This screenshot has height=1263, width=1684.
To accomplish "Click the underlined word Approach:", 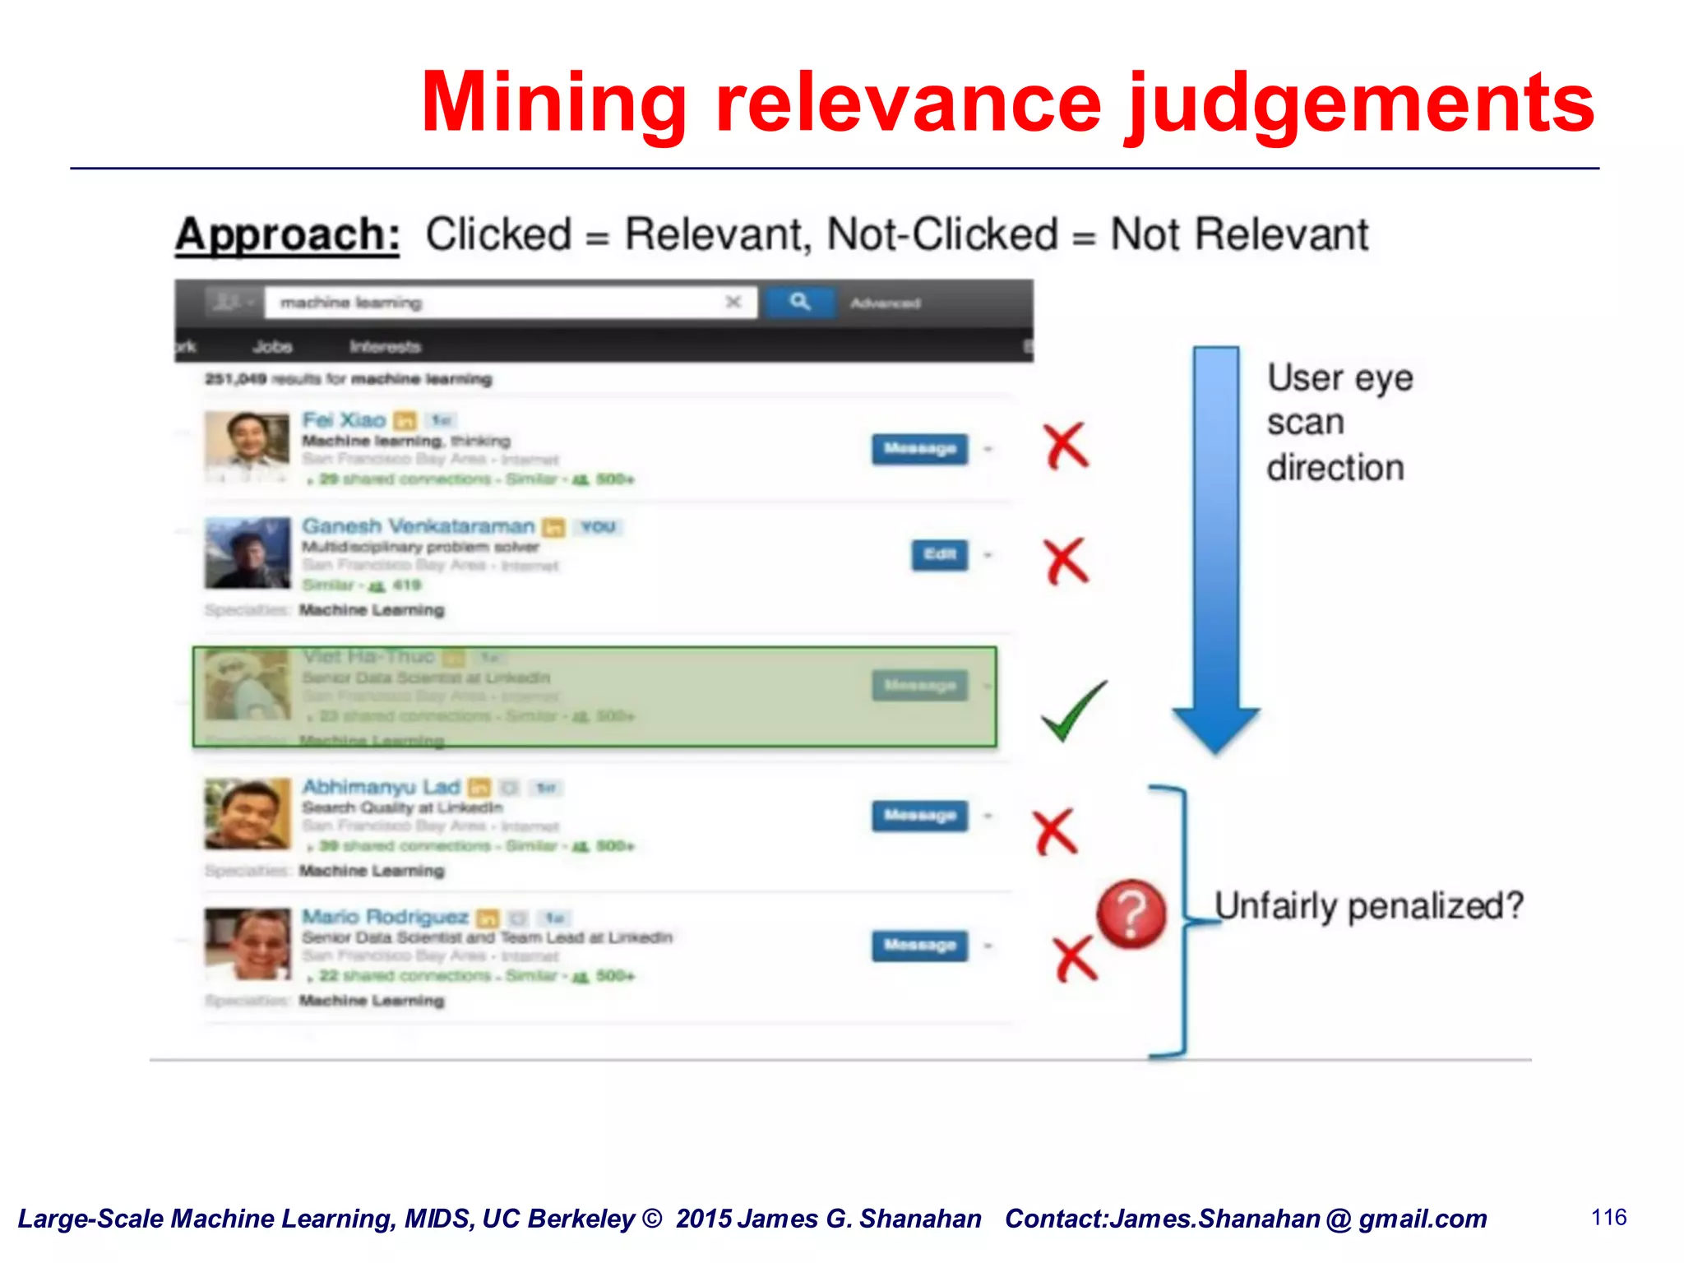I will click(x=287, y=234).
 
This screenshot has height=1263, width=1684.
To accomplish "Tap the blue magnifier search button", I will click(x=800, y=303).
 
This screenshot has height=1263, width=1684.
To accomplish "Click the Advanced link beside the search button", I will click(x=885, y=303).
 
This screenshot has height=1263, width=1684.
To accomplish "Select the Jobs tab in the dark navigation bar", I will click(x=273, y=346).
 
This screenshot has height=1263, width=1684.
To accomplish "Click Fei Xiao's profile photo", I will click(x=247, y=448).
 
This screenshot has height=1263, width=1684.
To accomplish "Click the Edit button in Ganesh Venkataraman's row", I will click(x=939, y=554).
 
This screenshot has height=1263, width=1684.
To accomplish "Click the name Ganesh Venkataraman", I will click(x=418, y=526).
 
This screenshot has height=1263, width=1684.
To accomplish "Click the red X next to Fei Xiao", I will click(x=1066, y=446).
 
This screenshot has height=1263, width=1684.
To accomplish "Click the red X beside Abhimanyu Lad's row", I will click(x=1055, y=831).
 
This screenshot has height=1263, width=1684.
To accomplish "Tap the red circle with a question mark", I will click(x=1131, y=914).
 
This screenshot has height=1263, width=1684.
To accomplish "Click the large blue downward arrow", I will click(x=1215, y=543).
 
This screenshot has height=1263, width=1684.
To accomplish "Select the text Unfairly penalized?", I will click(x=1368, y=906).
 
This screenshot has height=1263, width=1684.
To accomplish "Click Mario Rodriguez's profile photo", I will click(x=247, y=944).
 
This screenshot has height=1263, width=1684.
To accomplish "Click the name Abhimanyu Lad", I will click(x=381, y=787).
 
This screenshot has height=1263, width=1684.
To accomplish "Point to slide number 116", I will click(x=1608, y=1217).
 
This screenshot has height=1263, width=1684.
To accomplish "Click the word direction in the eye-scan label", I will click(x=1335, y=468).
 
